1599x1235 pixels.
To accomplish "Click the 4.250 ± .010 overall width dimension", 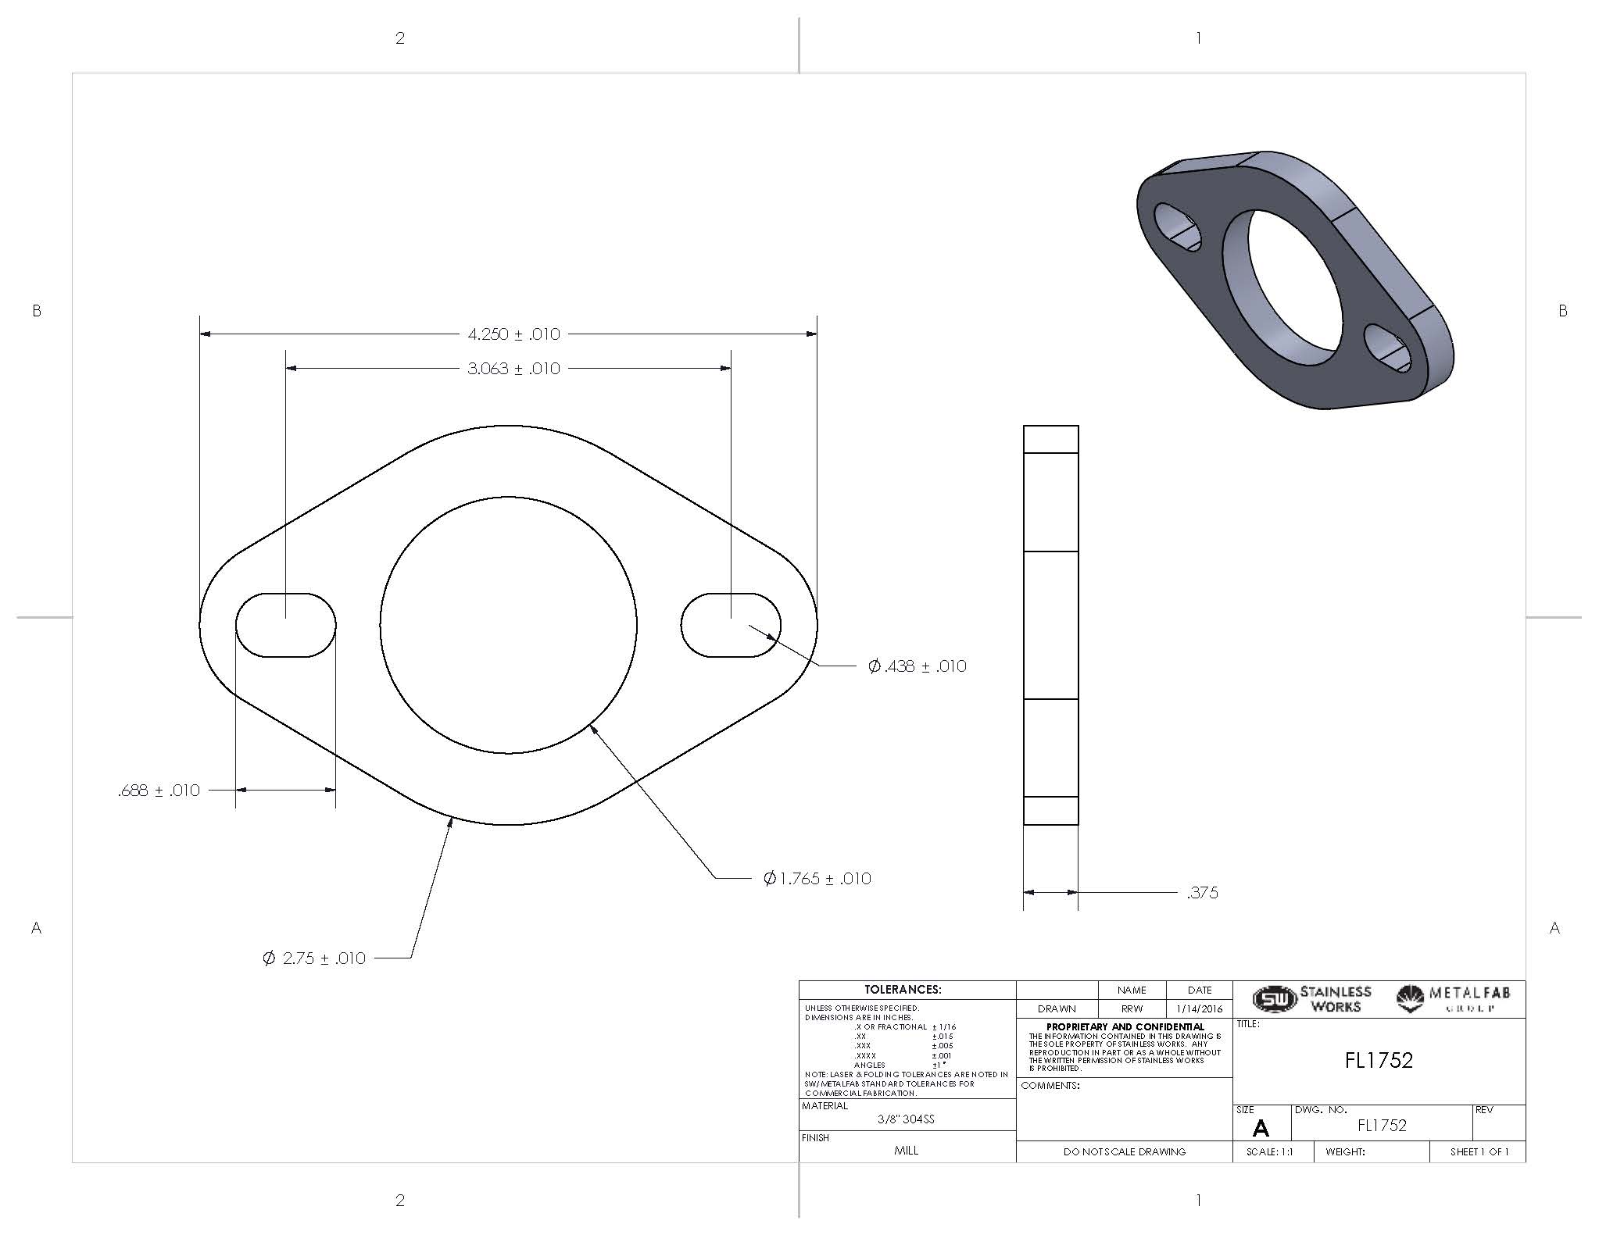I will [x=513, y=334].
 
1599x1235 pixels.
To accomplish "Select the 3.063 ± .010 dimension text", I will [x=513, y=369].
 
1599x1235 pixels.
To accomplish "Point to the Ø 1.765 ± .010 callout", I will [x=817, y=879].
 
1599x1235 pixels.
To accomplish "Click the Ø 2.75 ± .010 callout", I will [x=314, y=958].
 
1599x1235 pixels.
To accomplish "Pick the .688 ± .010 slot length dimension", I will [x=159, y=791].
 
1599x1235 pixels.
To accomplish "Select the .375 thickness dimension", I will [x=1202, y=893].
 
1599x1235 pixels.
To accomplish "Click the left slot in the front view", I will [x=286, y=625].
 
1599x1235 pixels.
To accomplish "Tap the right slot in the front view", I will [x=731, y=625].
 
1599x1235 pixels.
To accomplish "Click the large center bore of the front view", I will [x=508, y=625].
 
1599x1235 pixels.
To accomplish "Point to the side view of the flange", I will [x=1050, y=625].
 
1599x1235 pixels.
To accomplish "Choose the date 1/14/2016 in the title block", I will [x=1199, y=1009].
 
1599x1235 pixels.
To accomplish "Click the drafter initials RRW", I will [x=1132, y=1009].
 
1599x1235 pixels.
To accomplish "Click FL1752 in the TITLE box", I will [x=1379, y=1060].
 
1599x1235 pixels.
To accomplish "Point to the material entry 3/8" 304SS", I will [x=906, y=1119].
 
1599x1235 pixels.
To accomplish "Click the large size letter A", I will [x=1260, y=1128].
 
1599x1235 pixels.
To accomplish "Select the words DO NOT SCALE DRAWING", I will [x=1124, y=1151].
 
